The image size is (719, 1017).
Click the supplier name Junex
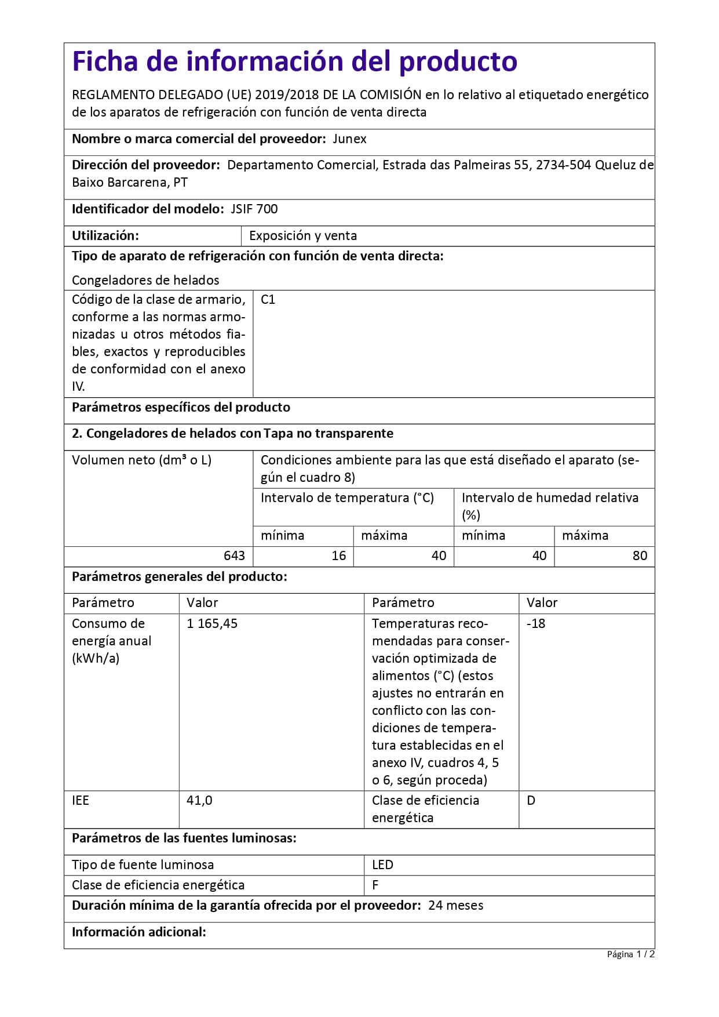349,139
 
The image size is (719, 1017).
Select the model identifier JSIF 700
254,209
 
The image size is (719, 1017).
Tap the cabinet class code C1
268,300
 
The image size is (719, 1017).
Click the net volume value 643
234,556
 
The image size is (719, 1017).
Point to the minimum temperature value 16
338,556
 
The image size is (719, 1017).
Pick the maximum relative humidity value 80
640,556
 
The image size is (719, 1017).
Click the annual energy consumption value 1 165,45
212,624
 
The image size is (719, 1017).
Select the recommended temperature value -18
536,624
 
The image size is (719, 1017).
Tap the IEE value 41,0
199,801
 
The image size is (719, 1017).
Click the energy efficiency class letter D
531,801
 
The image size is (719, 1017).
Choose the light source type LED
382,865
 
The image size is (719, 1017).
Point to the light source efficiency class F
375,885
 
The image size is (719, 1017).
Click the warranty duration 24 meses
455,906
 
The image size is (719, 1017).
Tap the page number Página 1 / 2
630,954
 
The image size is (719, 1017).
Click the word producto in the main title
458,61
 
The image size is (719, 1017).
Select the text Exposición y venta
303,236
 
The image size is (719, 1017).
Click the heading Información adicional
139,932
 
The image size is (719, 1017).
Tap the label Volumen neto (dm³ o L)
141,460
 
